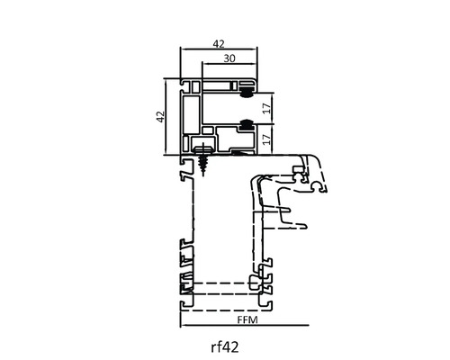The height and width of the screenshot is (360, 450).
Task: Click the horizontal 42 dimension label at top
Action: click(x=219, y=44)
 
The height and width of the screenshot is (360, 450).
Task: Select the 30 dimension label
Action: click(x=229, y=58)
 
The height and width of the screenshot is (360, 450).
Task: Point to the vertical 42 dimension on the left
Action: click(x=161, y=117)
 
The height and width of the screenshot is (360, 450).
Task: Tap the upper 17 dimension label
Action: click(x=266, y=108)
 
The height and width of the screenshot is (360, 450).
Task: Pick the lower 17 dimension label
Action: click(x=266, y=139)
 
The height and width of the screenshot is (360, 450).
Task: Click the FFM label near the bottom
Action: click(x=247, y=320)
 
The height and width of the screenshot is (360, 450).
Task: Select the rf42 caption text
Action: click(x=225, y=347)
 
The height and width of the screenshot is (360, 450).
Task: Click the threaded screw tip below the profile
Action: click(x=203, y=174)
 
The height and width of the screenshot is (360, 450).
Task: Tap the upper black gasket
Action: click(x=247, y=92)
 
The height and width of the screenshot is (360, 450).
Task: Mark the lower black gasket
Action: click(x=247, y=124)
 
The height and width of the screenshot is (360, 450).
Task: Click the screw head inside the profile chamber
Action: click(x=203, y=149)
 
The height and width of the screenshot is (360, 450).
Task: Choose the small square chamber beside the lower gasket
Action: click(x=207, y=130)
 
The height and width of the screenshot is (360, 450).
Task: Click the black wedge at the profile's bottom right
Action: click(x=241, y=153)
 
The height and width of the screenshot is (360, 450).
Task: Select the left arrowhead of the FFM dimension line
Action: click(x=182, y=325)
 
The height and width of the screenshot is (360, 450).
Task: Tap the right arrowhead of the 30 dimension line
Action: click(x=256, y=63)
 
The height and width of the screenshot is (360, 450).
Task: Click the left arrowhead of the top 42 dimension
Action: click(x=182, y=48)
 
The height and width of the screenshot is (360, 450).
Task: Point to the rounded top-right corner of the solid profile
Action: click(x=255, y=82)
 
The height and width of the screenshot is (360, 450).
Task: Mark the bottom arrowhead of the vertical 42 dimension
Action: click(x=166, y=153)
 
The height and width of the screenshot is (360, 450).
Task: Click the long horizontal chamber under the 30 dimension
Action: click(x=218, y=86)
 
